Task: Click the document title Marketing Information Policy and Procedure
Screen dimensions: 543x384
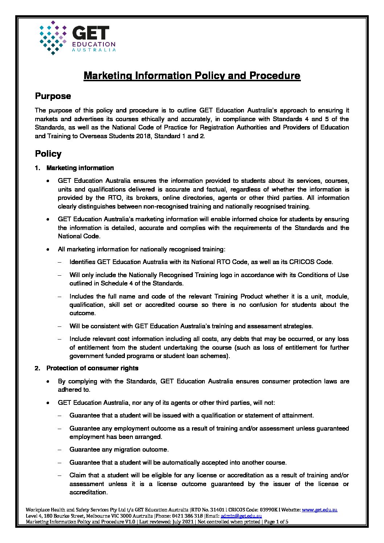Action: [192, 76]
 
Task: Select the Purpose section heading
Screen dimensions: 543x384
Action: [53, 96]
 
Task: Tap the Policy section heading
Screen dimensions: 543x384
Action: [48, 154]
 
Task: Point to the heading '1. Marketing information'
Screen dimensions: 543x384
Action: [80, 168]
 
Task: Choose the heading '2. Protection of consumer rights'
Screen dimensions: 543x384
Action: [92, 368]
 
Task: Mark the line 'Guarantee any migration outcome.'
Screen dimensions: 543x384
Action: [119, 449]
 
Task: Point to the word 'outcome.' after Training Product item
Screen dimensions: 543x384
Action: [82, 313]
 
